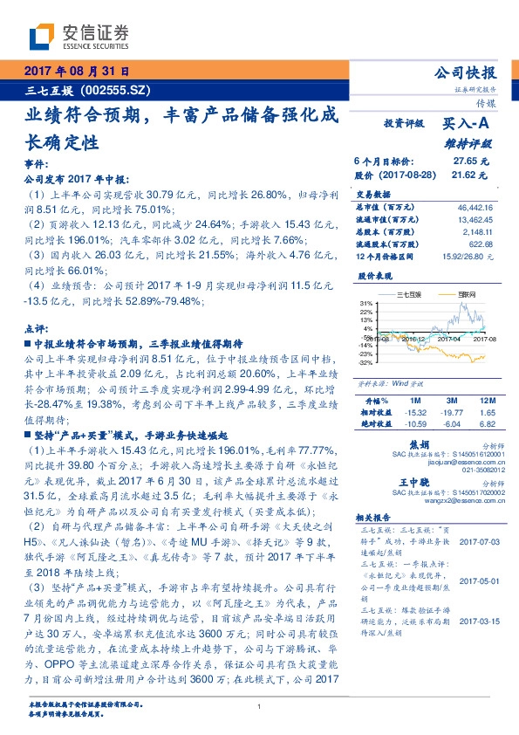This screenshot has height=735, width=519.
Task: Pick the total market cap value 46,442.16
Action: click(x=475, y=208)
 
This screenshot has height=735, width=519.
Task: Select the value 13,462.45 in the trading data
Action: click(x=475, y=220)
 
